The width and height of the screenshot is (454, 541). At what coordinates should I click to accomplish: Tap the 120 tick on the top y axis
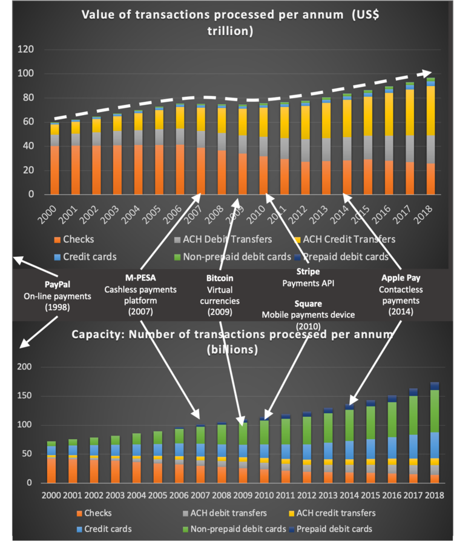pos(27,50)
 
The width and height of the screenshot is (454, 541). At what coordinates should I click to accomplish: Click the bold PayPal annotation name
pos(58,285)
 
